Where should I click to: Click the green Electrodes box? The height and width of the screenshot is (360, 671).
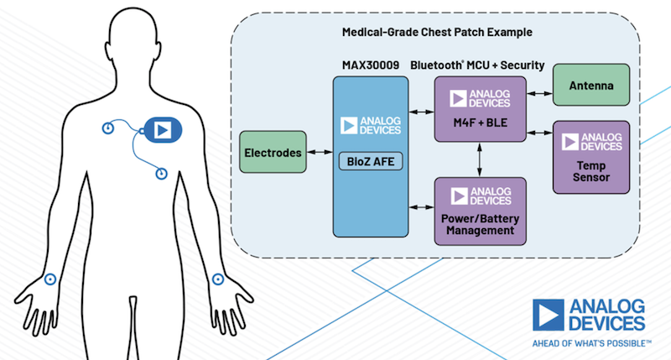271,153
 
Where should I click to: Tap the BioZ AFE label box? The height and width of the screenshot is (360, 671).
370,163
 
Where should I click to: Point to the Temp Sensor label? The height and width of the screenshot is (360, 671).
590,167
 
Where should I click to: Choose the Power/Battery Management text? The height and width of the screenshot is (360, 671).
480,224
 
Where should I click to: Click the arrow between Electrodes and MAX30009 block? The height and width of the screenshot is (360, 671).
318,153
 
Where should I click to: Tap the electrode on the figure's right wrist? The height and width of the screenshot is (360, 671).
50,279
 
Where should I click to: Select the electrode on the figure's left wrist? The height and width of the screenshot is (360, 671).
219,279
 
